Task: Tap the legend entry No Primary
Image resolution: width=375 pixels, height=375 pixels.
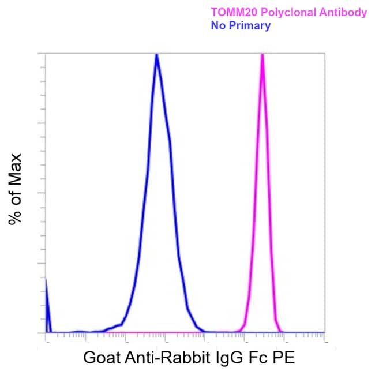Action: (241, 26)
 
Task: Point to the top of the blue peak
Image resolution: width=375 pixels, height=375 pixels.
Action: (157, 55)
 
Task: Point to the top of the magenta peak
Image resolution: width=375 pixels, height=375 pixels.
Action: (262, 55)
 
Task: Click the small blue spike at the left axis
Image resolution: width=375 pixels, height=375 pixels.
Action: (47, 306)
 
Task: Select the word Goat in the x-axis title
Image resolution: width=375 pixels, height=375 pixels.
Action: (102, 358)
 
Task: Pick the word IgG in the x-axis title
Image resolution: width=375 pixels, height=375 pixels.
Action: (229, 358)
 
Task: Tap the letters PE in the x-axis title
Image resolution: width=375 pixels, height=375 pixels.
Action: (284, 358)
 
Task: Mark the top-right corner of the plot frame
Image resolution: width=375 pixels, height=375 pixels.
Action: (325, 54)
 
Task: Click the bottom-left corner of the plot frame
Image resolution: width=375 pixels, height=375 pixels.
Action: (46, 333)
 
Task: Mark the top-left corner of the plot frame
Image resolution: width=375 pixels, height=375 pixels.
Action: (46, 54)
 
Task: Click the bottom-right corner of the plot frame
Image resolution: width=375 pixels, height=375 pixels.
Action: (325, 333)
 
